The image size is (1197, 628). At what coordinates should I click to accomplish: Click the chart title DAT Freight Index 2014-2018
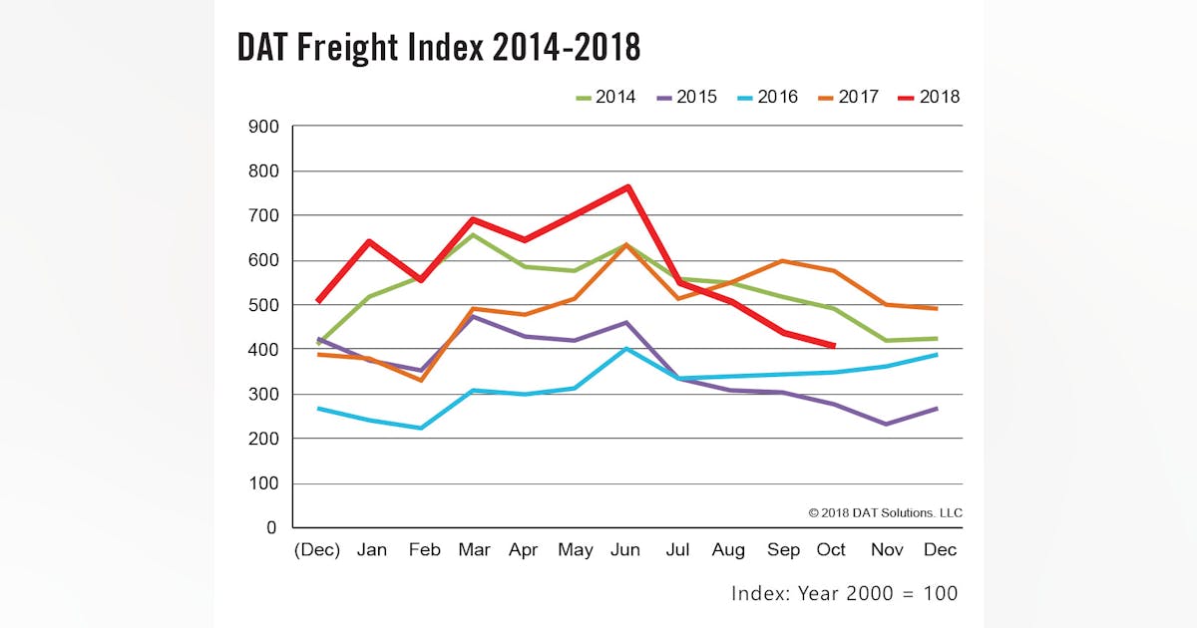438,47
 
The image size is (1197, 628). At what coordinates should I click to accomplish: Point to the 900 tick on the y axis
263,127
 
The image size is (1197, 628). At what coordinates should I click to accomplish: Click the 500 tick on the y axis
263,305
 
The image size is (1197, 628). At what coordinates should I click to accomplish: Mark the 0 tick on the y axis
271,528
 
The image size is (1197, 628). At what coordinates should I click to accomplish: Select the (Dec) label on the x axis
317,550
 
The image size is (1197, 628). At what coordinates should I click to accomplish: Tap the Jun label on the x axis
625,550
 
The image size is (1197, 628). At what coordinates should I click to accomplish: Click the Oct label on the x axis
831,550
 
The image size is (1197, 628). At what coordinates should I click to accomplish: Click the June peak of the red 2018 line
626,186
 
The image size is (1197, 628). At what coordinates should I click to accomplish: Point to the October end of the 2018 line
833,346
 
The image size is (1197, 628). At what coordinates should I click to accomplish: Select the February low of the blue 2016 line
421,428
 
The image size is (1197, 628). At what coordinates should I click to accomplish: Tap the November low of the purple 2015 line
884,424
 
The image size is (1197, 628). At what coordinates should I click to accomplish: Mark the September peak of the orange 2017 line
781,261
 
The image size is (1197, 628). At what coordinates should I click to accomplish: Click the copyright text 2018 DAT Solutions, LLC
885,512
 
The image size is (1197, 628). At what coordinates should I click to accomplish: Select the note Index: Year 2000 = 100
844,593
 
